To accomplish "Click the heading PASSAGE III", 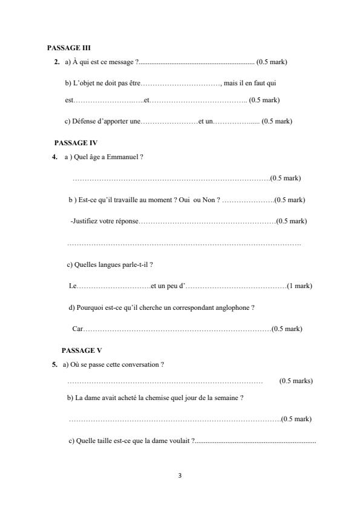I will coord(69,47).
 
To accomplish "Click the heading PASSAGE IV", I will coord(76,142).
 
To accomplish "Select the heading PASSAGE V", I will coord(82,350).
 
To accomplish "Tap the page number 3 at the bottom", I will coord(180,475).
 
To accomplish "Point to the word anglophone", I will coord(232,307).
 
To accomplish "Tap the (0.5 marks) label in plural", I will coord(296,381).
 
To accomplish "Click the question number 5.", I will coord(55,364).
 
